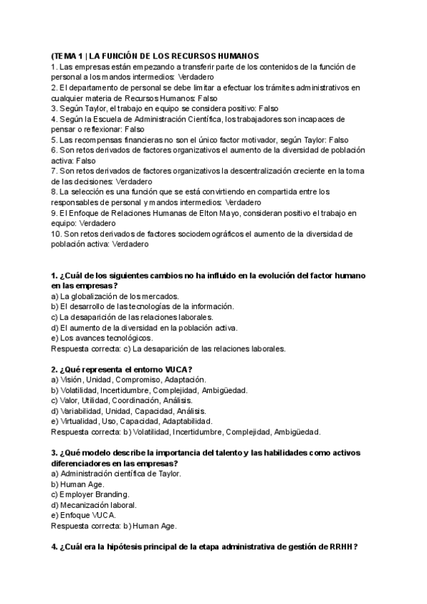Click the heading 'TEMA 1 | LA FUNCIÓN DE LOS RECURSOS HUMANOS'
click(x=155, y=56)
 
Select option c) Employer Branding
click(x=90, y=494)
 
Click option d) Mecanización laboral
click(x=93, y=504)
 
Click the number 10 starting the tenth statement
click(x=56, y=234)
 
